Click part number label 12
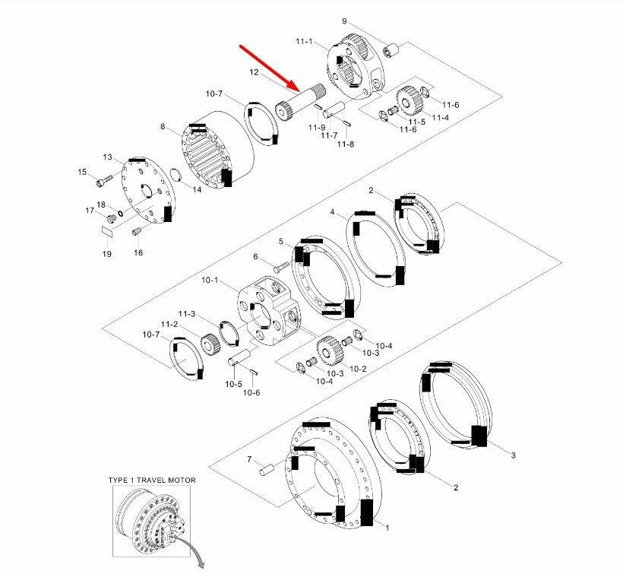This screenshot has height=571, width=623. (x=255, y=72)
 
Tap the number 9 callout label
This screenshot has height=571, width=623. (x=365, y=21)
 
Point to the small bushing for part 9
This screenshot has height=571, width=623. (x=394, y=52)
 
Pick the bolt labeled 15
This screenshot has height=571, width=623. (x=104, y=180)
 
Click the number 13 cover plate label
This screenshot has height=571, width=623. (x=107, y=157)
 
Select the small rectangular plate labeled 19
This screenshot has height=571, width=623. (x=107, y=233)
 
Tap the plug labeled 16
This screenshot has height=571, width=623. (x=138, y=230)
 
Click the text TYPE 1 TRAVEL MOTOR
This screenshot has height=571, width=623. (x=152, y=480)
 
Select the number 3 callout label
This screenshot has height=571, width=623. (x=513, y=455)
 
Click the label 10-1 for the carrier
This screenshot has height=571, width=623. (x=210, y=281)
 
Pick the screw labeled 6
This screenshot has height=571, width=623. (x=278, y=266)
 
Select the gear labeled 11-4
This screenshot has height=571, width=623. (x=411, y=99)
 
